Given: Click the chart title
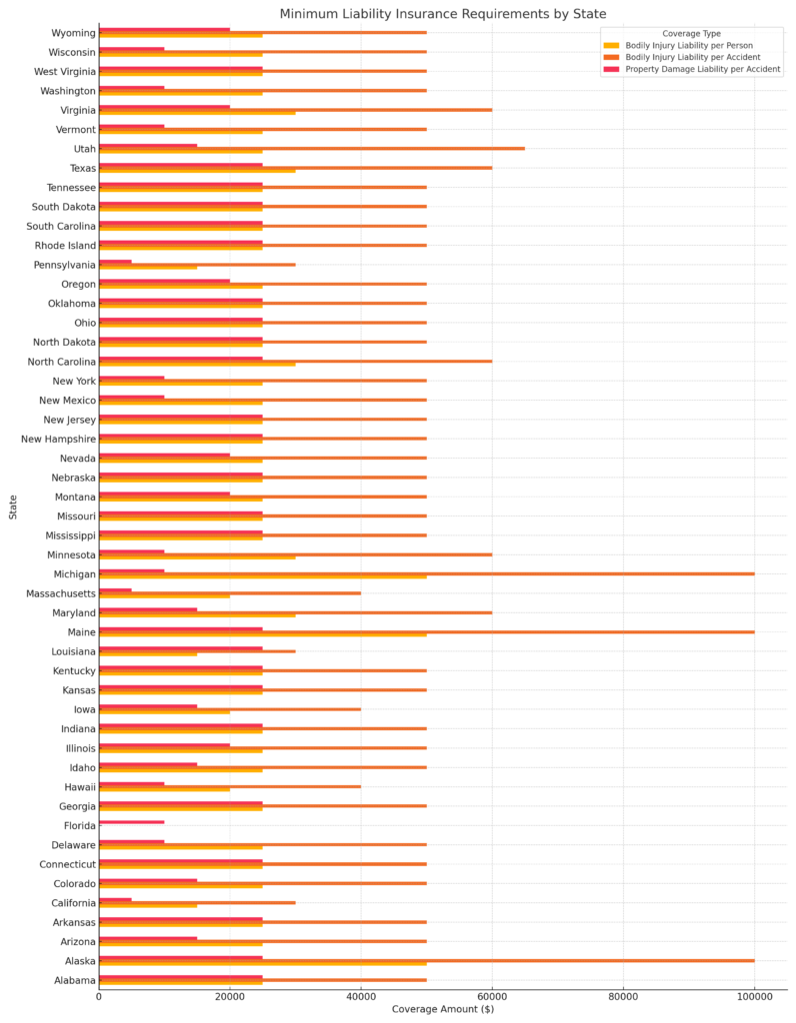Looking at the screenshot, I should pyautogui.click(x=442, y=14).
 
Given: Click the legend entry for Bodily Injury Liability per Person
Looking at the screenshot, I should pyautogui.click(x=689, y=46).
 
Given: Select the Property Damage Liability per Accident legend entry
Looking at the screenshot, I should pyautogui.click(x=702, y=70).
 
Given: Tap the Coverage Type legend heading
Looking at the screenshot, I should pyautogui.click(x=691, y=34).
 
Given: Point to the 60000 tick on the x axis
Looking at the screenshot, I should pyautogui.click(x=492, y=996).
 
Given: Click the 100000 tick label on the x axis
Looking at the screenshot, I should pyautogui.click(x=754, y=996).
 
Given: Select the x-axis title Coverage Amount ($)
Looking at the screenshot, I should pyautogui.click(x=442, y=1009).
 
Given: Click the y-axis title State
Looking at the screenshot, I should pyautogui.click(x=13, y=507).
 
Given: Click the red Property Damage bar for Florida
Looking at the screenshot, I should pyautogui.click(x=131, y=822).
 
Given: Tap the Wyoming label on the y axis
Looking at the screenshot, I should pyautogui.click(x=73, y=33).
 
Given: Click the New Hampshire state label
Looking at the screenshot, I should pyautogui.click(x=59, y=439).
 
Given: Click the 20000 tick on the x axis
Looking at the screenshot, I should pyautogui.click(x=230, y=996).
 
